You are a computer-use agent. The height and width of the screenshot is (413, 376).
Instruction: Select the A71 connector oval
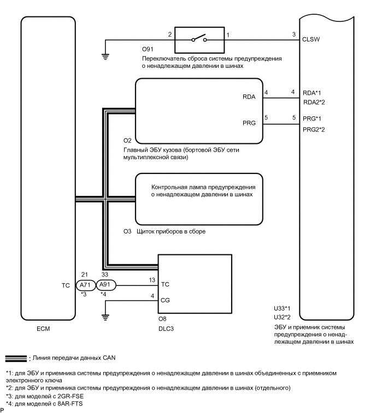(84, 285)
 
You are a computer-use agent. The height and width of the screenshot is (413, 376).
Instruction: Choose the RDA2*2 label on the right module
(314, 102)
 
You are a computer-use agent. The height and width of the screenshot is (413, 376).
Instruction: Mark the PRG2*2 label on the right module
(314, 129)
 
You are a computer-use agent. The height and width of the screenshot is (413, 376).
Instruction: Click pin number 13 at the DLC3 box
(151, 280)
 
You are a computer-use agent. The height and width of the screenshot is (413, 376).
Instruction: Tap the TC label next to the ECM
(66, 285)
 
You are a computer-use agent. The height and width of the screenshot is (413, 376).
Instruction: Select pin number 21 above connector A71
(84, 276)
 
